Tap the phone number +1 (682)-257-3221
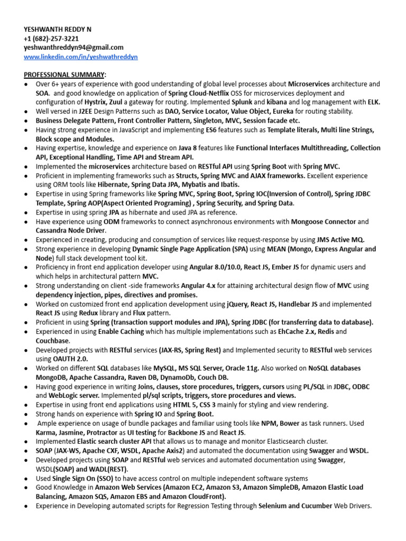[x=51, y=38]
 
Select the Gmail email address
[x=73, y=48]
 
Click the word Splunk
[x=242, y=102]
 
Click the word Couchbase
[x=52, y=341]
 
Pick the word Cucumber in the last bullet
[x=310, y=506]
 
